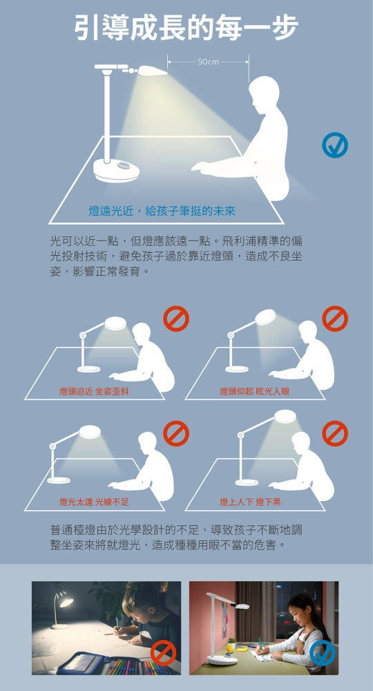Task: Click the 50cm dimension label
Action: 208,61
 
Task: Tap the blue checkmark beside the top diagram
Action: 335,145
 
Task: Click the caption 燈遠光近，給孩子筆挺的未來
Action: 162,211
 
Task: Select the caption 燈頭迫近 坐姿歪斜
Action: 94,391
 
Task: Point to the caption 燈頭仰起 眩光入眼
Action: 255,391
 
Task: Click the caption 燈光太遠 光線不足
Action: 94,502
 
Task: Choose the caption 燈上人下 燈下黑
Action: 250,502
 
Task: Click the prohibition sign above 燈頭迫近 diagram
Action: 176,319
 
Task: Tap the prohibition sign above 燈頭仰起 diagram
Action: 335,319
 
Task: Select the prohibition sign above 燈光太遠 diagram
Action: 176,434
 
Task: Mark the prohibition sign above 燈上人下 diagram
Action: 335,434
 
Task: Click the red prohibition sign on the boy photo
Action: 164,653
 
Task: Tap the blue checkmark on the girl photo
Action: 323,653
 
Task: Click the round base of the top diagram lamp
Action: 116,170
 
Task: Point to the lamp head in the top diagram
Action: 153,70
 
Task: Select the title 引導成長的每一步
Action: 186,28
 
